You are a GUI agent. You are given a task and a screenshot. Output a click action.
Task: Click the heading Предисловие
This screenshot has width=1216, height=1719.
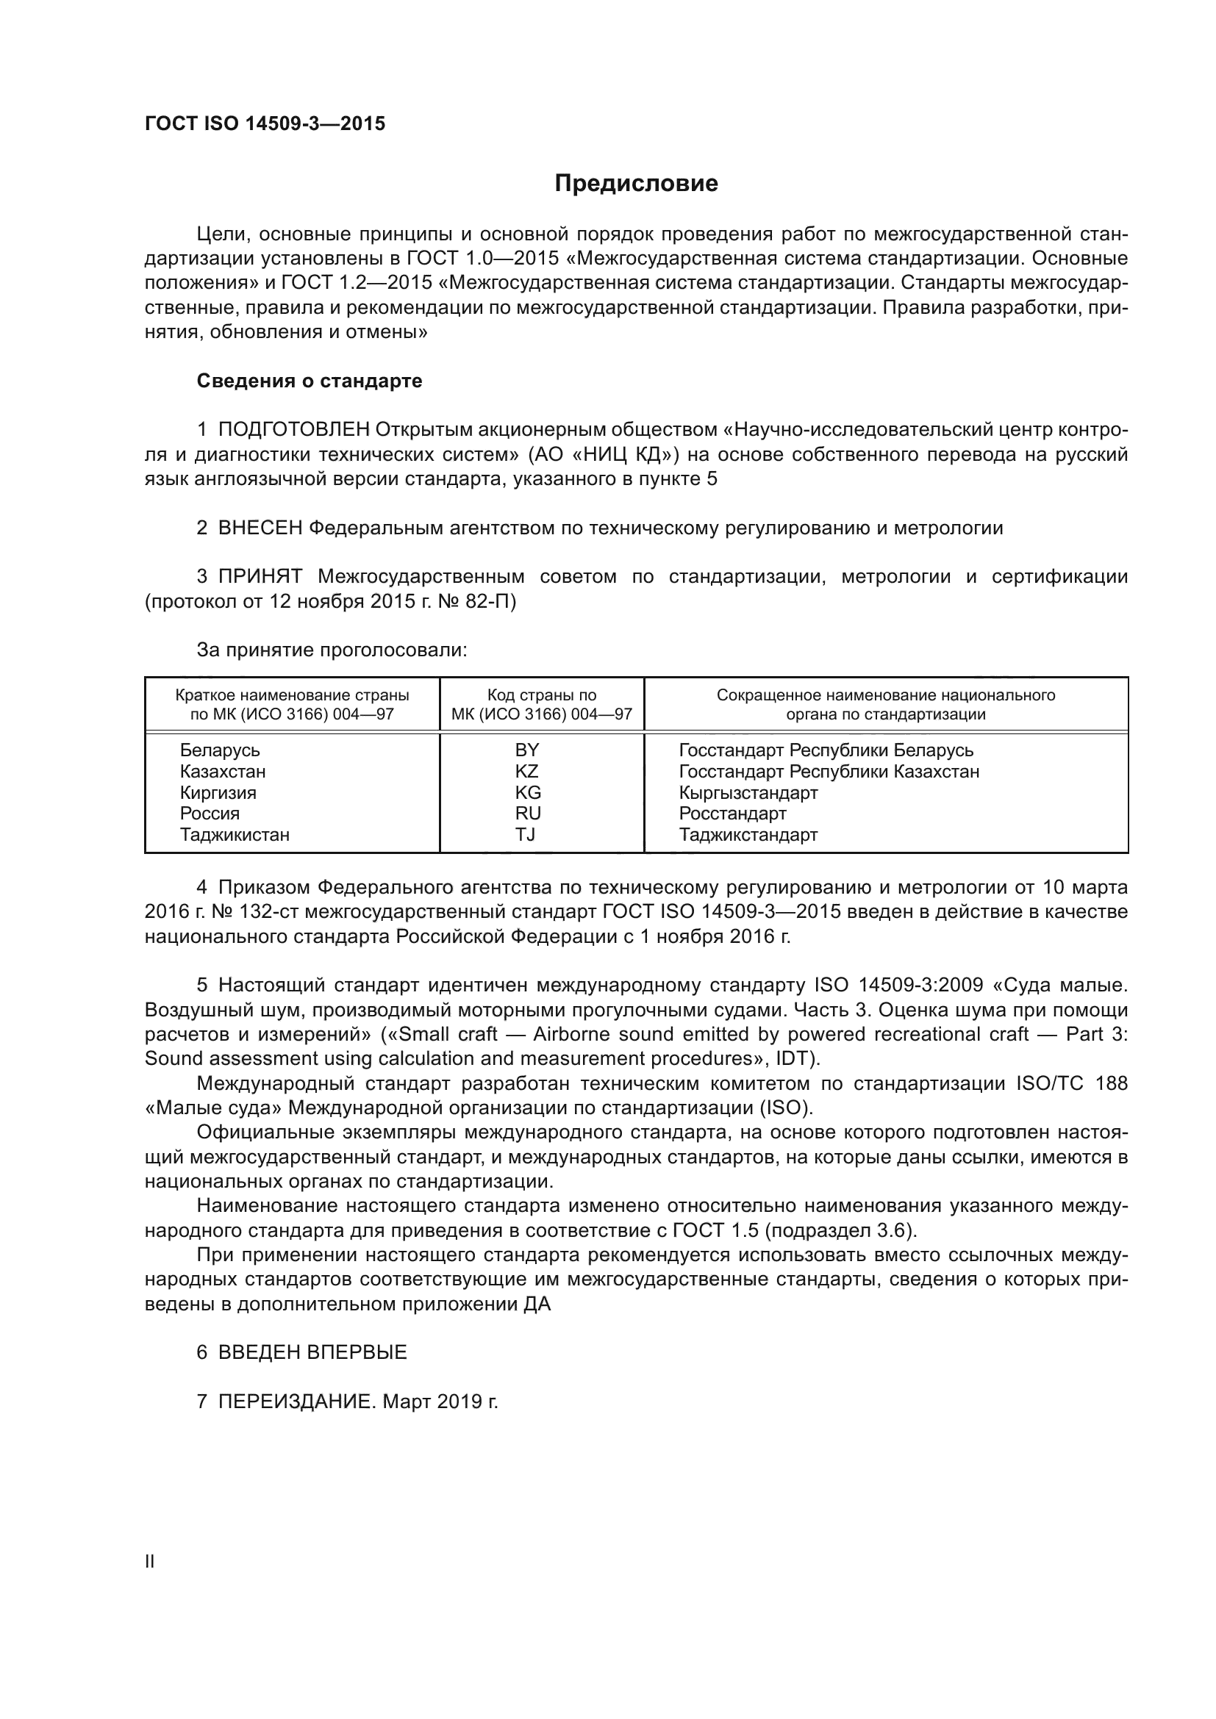point(636,184)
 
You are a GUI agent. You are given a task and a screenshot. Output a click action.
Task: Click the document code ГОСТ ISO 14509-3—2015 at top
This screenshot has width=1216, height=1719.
point(265,124)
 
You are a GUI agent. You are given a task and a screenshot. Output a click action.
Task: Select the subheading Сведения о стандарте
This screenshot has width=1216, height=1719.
point(310,381)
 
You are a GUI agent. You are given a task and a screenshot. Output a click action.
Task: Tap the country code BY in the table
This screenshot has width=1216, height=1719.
point(527,750)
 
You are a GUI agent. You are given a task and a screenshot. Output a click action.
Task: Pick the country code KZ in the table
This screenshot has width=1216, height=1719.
point(527,771)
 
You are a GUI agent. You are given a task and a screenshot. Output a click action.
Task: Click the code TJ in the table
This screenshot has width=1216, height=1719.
point(526,834)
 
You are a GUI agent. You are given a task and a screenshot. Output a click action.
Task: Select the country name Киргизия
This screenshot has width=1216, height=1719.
point(218,792)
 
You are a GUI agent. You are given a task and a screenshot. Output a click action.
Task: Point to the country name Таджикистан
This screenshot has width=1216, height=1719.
point(235,834)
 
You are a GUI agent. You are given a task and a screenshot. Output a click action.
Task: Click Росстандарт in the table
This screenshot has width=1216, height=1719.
point(732,813)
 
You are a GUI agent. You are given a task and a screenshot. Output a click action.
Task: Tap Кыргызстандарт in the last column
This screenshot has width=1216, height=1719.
point(748,792)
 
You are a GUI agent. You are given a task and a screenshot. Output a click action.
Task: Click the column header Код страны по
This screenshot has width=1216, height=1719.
point(541,695)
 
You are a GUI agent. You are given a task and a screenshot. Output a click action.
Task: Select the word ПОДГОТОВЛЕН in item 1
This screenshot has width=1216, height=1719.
point(293,430)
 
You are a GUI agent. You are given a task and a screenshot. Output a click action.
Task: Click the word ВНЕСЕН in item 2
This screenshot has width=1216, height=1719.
point(260,528)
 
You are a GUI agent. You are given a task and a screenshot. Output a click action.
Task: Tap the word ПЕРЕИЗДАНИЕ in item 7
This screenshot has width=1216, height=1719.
point(296,1402)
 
